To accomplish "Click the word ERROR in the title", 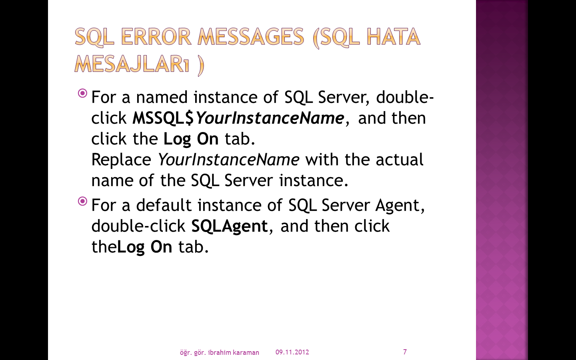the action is click(156, 36).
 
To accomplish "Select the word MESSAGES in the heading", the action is click(251, 36).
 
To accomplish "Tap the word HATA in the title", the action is click(394, 36).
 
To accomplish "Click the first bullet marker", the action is click(82, 93).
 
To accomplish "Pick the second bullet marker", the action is click(82, 201).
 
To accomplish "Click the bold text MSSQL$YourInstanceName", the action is click(238, 118).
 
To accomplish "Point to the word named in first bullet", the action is click(162, 97).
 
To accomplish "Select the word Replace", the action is click(121, 160).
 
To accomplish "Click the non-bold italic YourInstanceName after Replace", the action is click(228, 160).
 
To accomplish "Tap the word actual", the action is click(399, 160).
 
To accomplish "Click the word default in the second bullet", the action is click(164, 205).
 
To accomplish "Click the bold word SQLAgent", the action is click(230, 227).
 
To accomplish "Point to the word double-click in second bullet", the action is click(138, 226).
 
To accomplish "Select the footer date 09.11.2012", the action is click(292, 352).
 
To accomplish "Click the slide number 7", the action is click(405, 352).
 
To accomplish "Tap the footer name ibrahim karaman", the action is click(234, 352).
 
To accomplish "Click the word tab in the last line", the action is click(193, 247).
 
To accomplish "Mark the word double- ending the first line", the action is click(405, 97).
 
